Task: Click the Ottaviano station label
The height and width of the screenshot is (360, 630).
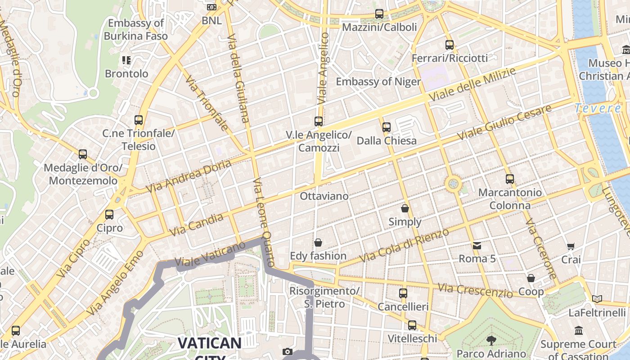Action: [x=324, y=196]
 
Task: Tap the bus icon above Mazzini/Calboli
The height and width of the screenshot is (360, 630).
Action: [x=379, y=14]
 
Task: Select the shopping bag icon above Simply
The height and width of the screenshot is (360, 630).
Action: [x=405, y=208]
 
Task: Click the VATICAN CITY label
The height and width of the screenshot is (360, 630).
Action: [x=210, y=344]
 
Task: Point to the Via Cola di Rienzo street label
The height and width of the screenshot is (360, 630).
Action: [x=405, y=246]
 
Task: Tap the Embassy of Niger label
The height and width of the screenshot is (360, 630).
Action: [x=378, y=81]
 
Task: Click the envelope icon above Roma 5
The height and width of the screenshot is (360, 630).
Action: [x=477, y=246]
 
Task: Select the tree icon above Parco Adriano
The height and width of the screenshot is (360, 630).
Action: [x=491, y=341]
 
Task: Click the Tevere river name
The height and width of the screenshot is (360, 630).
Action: [x=598, y=108]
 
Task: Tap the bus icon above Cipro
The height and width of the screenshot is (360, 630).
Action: [x=109, y=215]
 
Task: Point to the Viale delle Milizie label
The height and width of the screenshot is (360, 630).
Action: [x=472, y=85]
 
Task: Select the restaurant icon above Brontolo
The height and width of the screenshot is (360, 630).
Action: [x=126, y=60]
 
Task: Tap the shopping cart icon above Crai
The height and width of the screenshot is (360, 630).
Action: [x=571, y=247]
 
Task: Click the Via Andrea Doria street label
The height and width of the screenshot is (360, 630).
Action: [x=189, y=176]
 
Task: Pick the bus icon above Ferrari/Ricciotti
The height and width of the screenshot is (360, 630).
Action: [x=450, y=45]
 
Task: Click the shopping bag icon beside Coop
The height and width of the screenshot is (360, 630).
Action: [x=531, y=278]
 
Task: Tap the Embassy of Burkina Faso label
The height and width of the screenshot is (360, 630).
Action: [x=135, y=29]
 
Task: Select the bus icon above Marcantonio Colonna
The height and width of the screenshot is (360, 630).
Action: [x=510, y=179]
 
